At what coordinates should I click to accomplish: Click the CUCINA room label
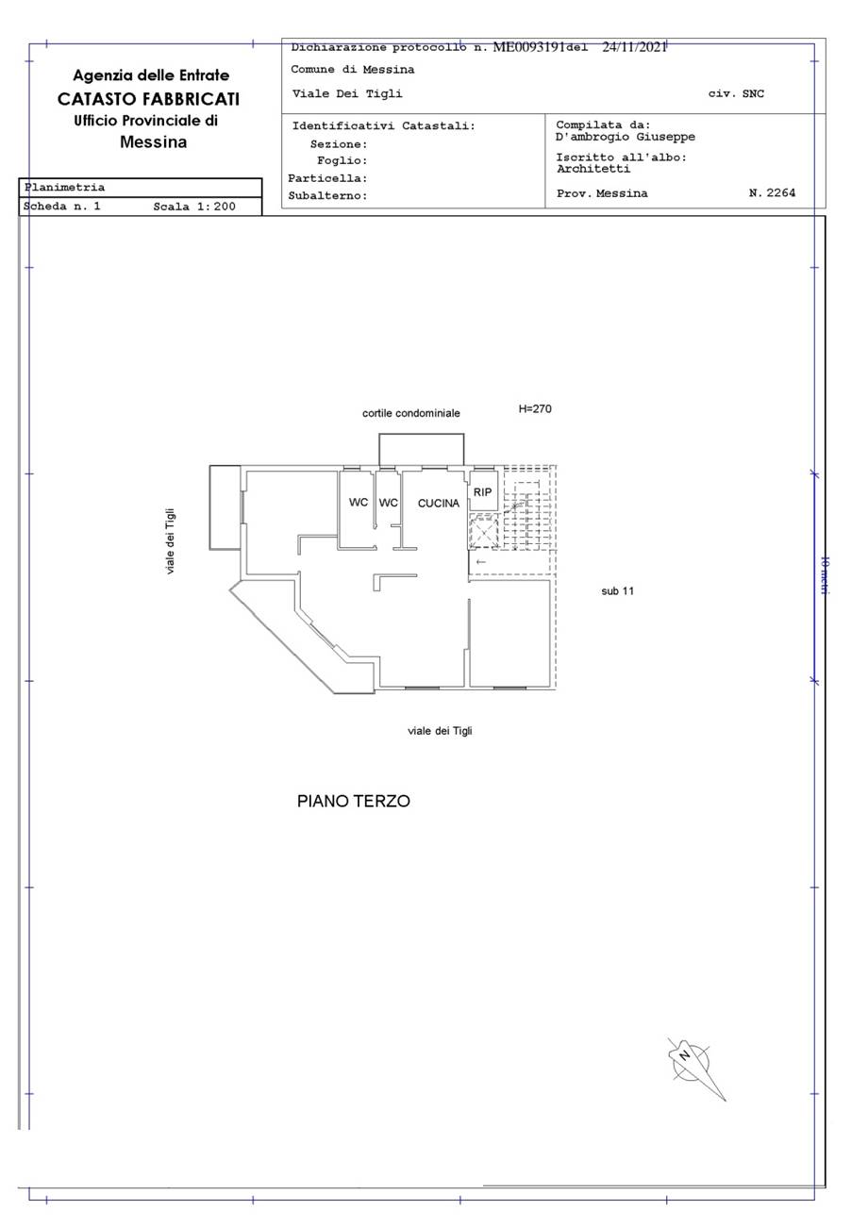(x=439, y=504)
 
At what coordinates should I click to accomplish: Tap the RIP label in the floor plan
(x=482, y=492)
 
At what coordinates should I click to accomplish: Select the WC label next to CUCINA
(x=389, y=503)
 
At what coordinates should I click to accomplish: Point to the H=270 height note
(x=535, y=409)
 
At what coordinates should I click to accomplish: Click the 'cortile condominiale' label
(x=411, y=413)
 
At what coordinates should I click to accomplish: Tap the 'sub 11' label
(x=618, y=591)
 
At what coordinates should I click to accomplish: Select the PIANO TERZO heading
(x=354, y=802)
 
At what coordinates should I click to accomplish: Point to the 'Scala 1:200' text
(x=194, y=206)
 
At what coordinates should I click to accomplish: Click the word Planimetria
(x=64, y=188)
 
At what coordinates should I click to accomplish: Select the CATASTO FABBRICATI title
(x=149, y=99)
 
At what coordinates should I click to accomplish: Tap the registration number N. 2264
(x=772, y=192)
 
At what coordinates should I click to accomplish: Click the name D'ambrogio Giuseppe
(x=626, y=137)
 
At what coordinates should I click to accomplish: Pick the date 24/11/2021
(x=634, y=47)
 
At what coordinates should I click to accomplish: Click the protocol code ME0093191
(x=528, y=47)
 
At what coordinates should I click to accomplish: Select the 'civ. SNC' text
(x=736, y=93)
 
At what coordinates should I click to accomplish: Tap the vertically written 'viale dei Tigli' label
(x=171, y=541)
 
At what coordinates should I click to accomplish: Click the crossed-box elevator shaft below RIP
(x=483, y=532)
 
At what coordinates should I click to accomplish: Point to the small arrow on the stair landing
(x=480, y=562)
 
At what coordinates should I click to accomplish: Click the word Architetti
(x=593, y=169)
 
